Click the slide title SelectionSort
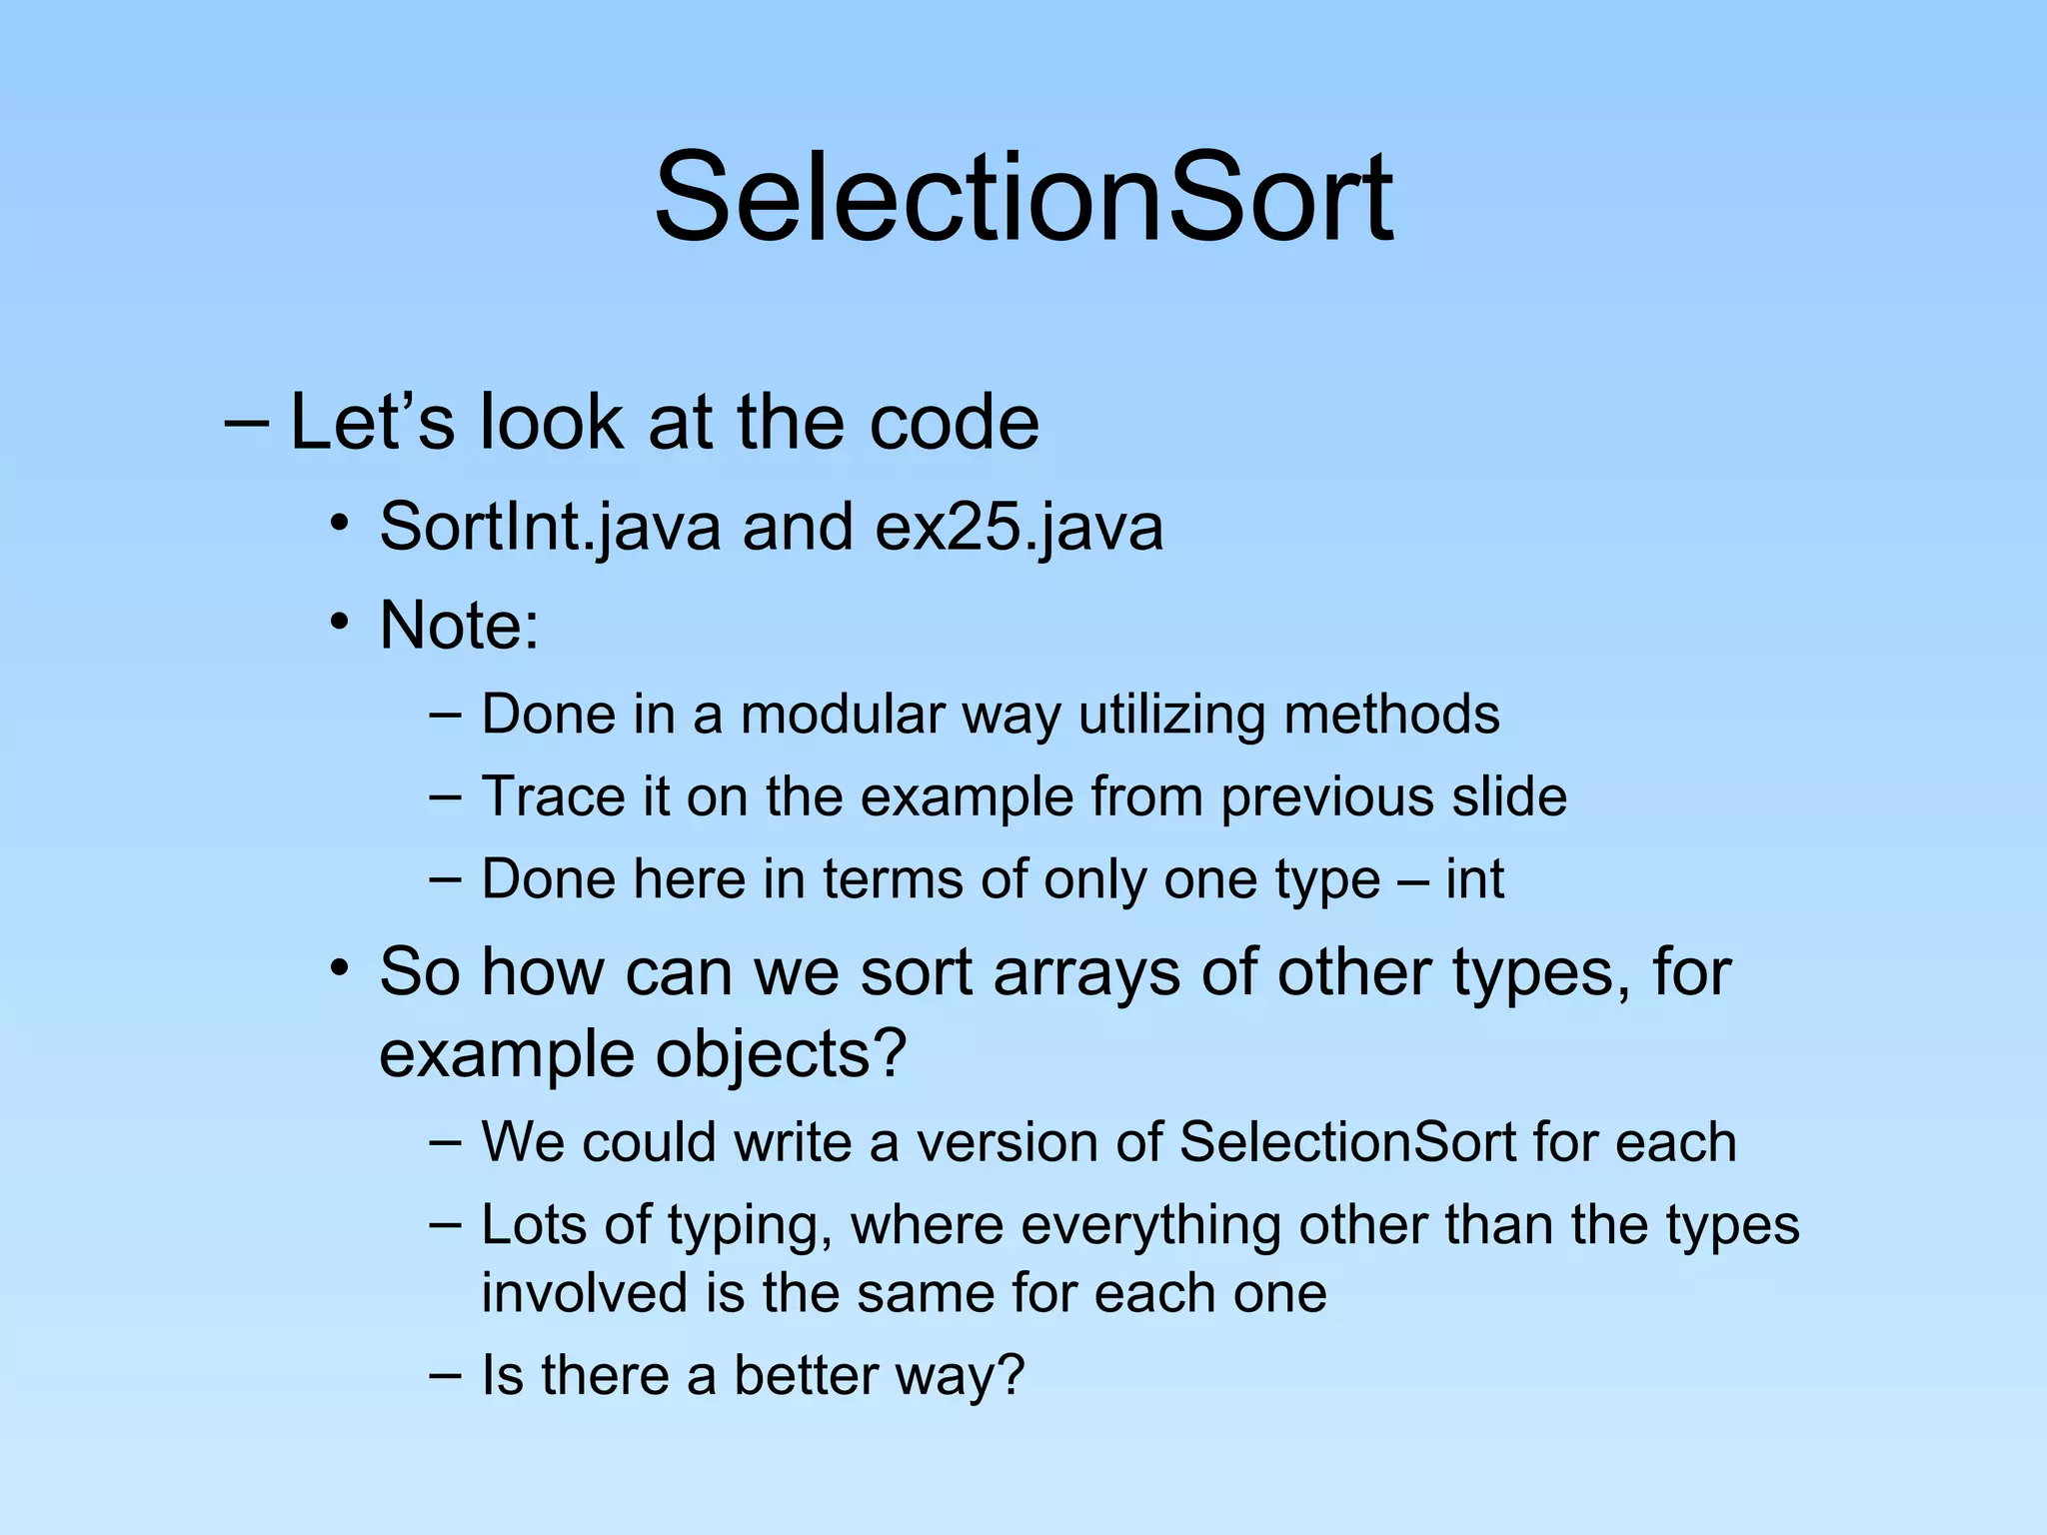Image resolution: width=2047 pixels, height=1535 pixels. coord(1023,197)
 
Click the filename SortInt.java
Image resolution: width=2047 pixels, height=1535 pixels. coord(550,527)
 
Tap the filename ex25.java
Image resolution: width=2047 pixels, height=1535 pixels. coord(1019,527)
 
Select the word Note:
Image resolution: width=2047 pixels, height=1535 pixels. coord(459,626)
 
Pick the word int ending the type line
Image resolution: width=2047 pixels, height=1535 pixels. coord(1474,879)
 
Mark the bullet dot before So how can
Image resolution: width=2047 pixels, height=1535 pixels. coord(341,966)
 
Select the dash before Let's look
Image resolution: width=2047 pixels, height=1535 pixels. coord(246,423)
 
